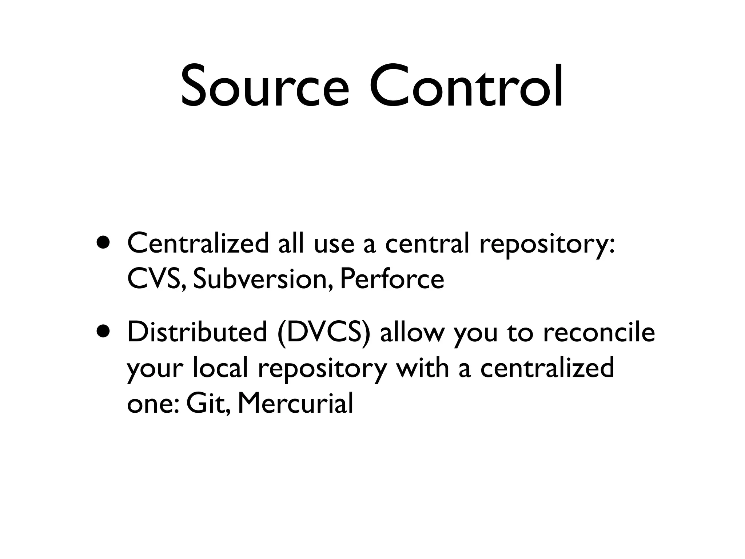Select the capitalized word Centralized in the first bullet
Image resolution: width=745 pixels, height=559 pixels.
click(x=198, y=243)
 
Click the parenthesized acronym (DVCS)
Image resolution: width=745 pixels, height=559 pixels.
click(x=324, y=333)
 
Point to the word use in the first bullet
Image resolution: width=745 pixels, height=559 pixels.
click(x=334, y=244)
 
